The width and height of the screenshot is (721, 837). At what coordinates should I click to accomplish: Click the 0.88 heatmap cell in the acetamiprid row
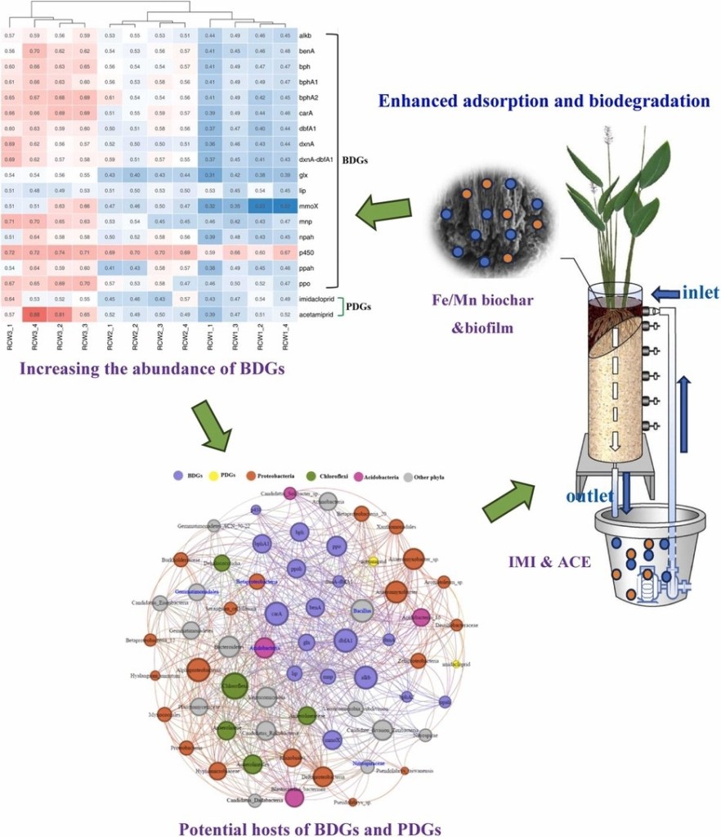[x=36, y=313]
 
